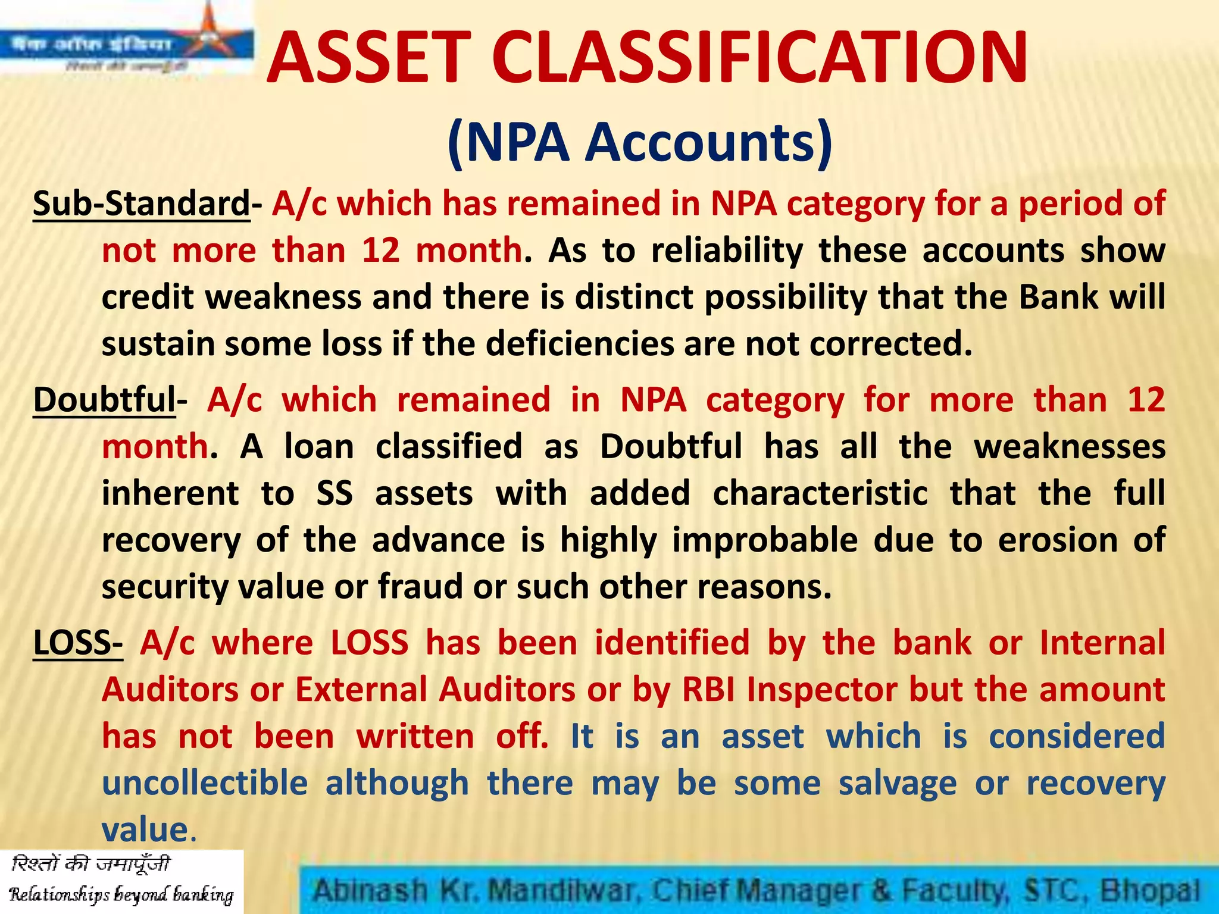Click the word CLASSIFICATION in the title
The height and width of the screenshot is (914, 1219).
(760, 58)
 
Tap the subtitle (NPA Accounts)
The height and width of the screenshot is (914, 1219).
(640, 143)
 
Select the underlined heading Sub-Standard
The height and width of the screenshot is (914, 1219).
(141, 204)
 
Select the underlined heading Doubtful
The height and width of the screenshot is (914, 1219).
(104, 400)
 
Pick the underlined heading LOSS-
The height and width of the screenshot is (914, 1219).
(77, 644)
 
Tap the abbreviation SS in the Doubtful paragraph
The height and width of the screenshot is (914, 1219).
(335, 494)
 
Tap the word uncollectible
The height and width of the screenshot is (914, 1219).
(205, 783)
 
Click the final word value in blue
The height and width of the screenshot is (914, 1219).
(145, 830)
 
